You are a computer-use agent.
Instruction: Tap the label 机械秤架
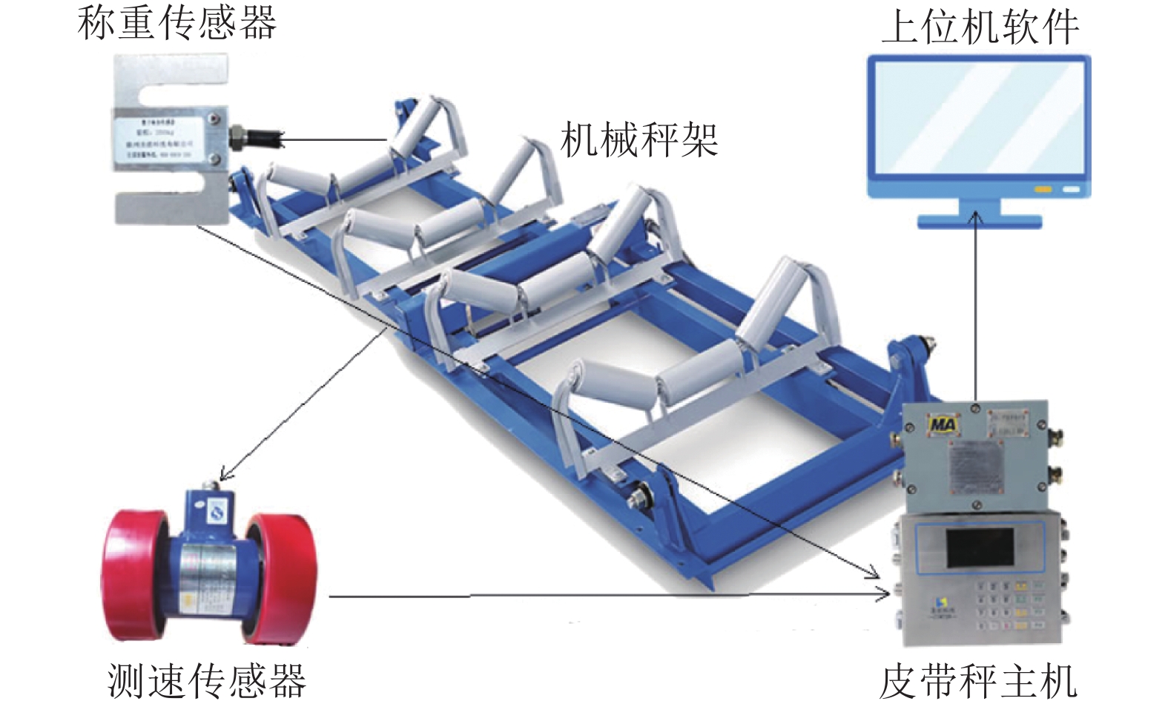point(639,139)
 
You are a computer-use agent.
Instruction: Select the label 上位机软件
point(979,28)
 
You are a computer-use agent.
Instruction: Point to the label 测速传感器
point(206,680)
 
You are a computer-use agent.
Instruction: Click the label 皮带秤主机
point(977,681)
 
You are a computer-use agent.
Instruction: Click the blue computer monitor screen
point(979,119)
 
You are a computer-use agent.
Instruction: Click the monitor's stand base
point(979,220)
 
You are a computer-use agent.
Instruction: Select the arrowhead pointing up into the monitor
point(977,216)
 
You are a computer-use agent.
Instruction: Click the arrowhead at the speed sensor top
point(224,475)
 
